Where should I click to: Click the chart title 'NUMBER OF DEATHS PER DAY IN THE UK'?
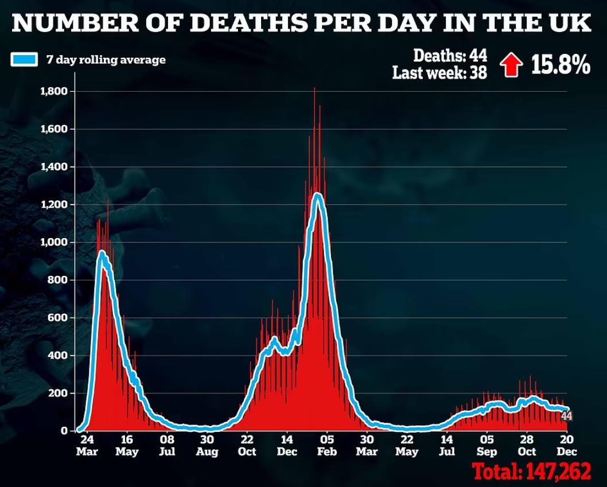pyautogui.click(x=303, y=24)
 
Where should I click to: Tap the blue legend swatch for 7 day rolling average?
pyautogui.click(x=25, y=59)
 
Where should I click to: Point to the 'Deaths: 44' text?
pyautogui.click(x=450, y=56)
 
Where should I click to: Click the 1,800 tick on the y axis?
pyautogui.click(x=55, y=91)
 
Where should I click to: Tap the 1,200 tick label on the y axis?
pyautogui.click(x=55, y=205)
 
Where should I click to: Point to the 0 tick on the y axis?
pyautogui.click(x=64, y=431)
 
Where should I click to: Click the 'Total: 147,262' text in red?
pyautogui.click(x=531, y=472)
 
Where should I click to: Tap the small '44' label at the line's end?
pyautogui.click(x=566, y=416)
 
